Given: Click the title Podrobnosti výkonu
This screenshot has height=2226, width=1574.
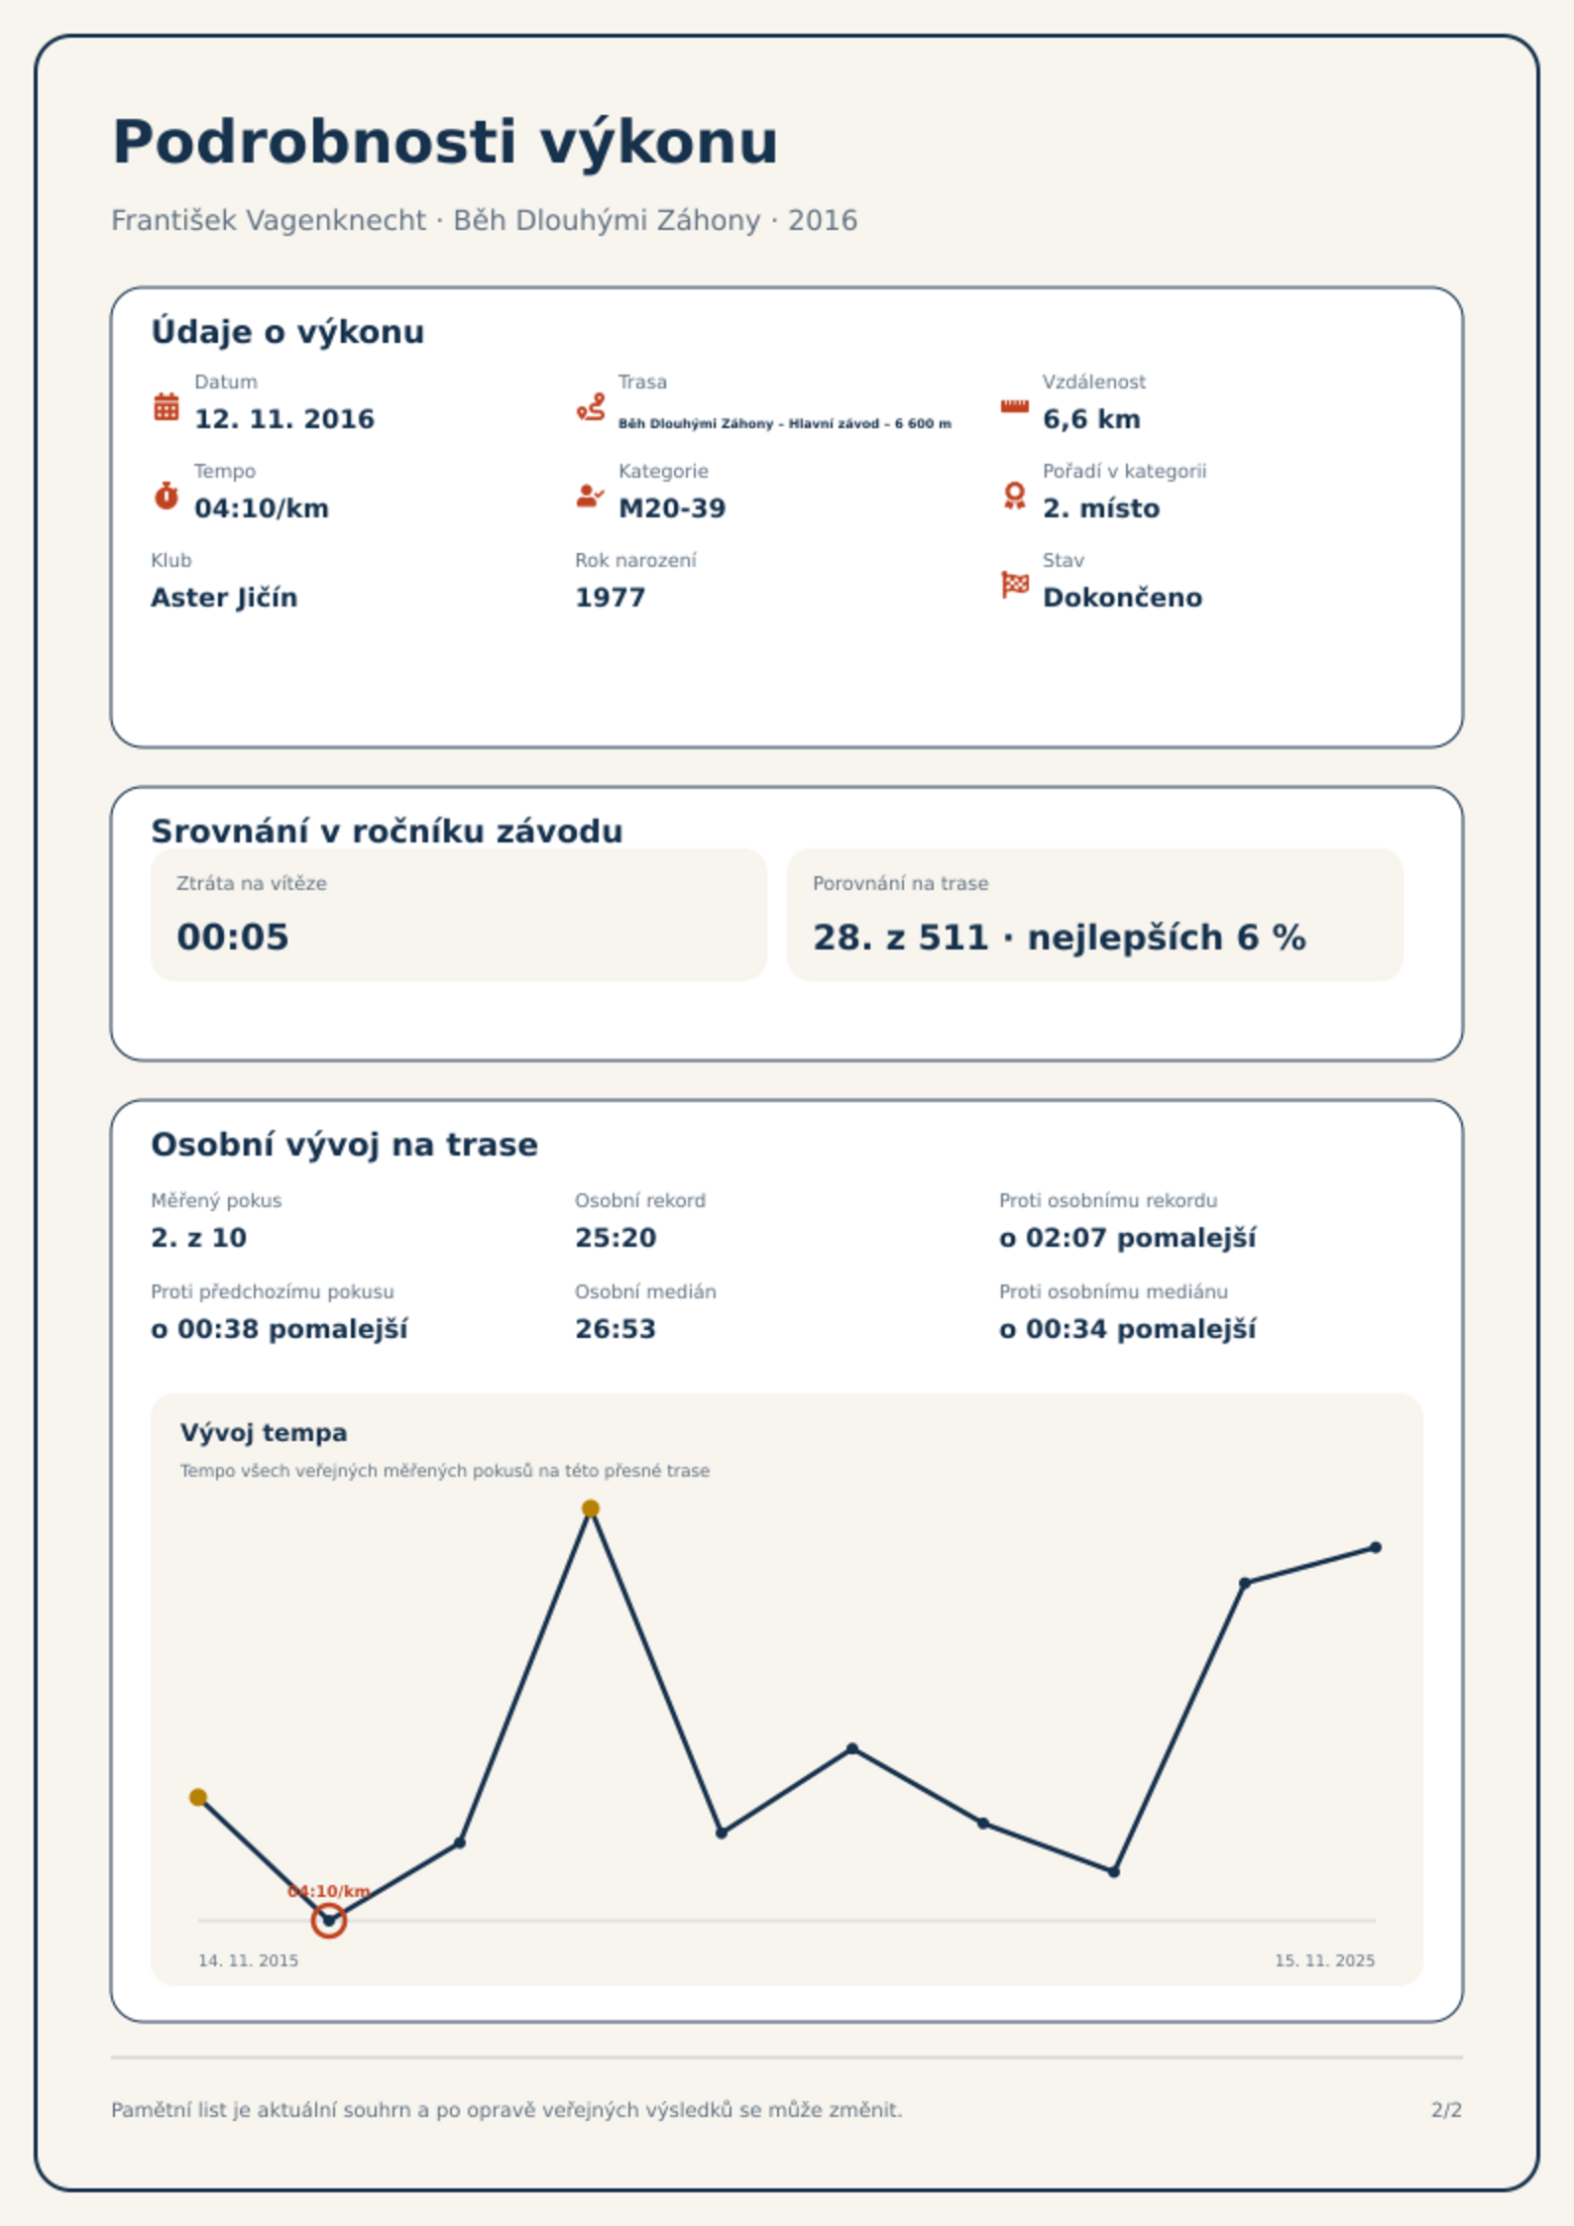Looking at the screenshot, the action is coord(445,143).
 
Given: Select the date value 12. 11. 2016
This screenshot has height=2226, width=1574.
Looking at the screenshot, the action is coord(284,419).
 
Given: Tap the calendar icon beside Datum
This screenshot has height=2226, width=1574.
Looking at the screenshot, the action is coord(167,406).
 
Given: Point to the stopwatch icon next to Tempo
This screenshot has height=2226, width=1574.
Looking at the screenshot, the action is coord(167,496).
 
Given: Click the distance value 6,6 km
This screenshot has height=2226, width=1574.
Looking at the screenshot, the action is coord(1091,419).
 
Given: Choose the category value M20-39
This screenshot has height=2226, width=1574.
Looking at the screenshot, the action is coord(672,508).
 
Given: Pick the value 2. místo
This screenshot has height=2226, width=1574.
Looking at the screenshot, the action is coord(1101,508).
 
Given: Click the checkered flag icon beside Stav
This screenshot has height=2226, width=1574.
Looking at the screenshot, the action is coord(1015,585).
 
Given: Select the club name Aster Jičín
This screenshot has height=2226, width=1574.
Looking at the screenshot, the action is coord(224,598).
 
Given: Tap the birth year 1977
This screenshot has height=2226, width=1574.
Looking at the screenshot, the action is coord(611,598).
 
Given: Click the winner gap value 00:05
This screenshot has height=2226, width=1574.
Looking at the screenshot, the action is coord(233,937).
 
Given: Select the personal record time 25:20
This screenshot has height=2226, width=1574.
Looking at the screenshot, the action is coord(616,1238).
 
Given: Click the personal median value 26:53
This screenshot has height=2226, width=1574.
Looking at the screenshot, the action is coord(616,1329).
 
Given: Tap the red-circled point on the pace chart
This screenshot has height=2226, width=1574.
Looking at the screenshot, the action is coord(328,1921).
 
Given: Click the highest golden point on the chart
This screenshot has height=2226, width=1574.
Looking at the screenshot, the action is coord(591,1508).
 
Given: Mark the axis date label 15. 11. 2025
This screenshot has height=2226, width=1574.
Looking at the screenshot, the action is coord(1324,1960).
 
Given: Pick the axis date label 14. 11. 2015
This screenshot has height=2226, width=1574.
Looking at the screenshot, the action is coord(248,1960).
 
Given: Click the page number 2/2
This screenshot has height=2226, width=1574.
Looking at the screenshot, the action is coord(1446,2110).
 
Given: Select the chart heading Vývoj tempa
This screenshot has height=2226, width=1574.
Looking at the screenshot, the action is coord(264,1433).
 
